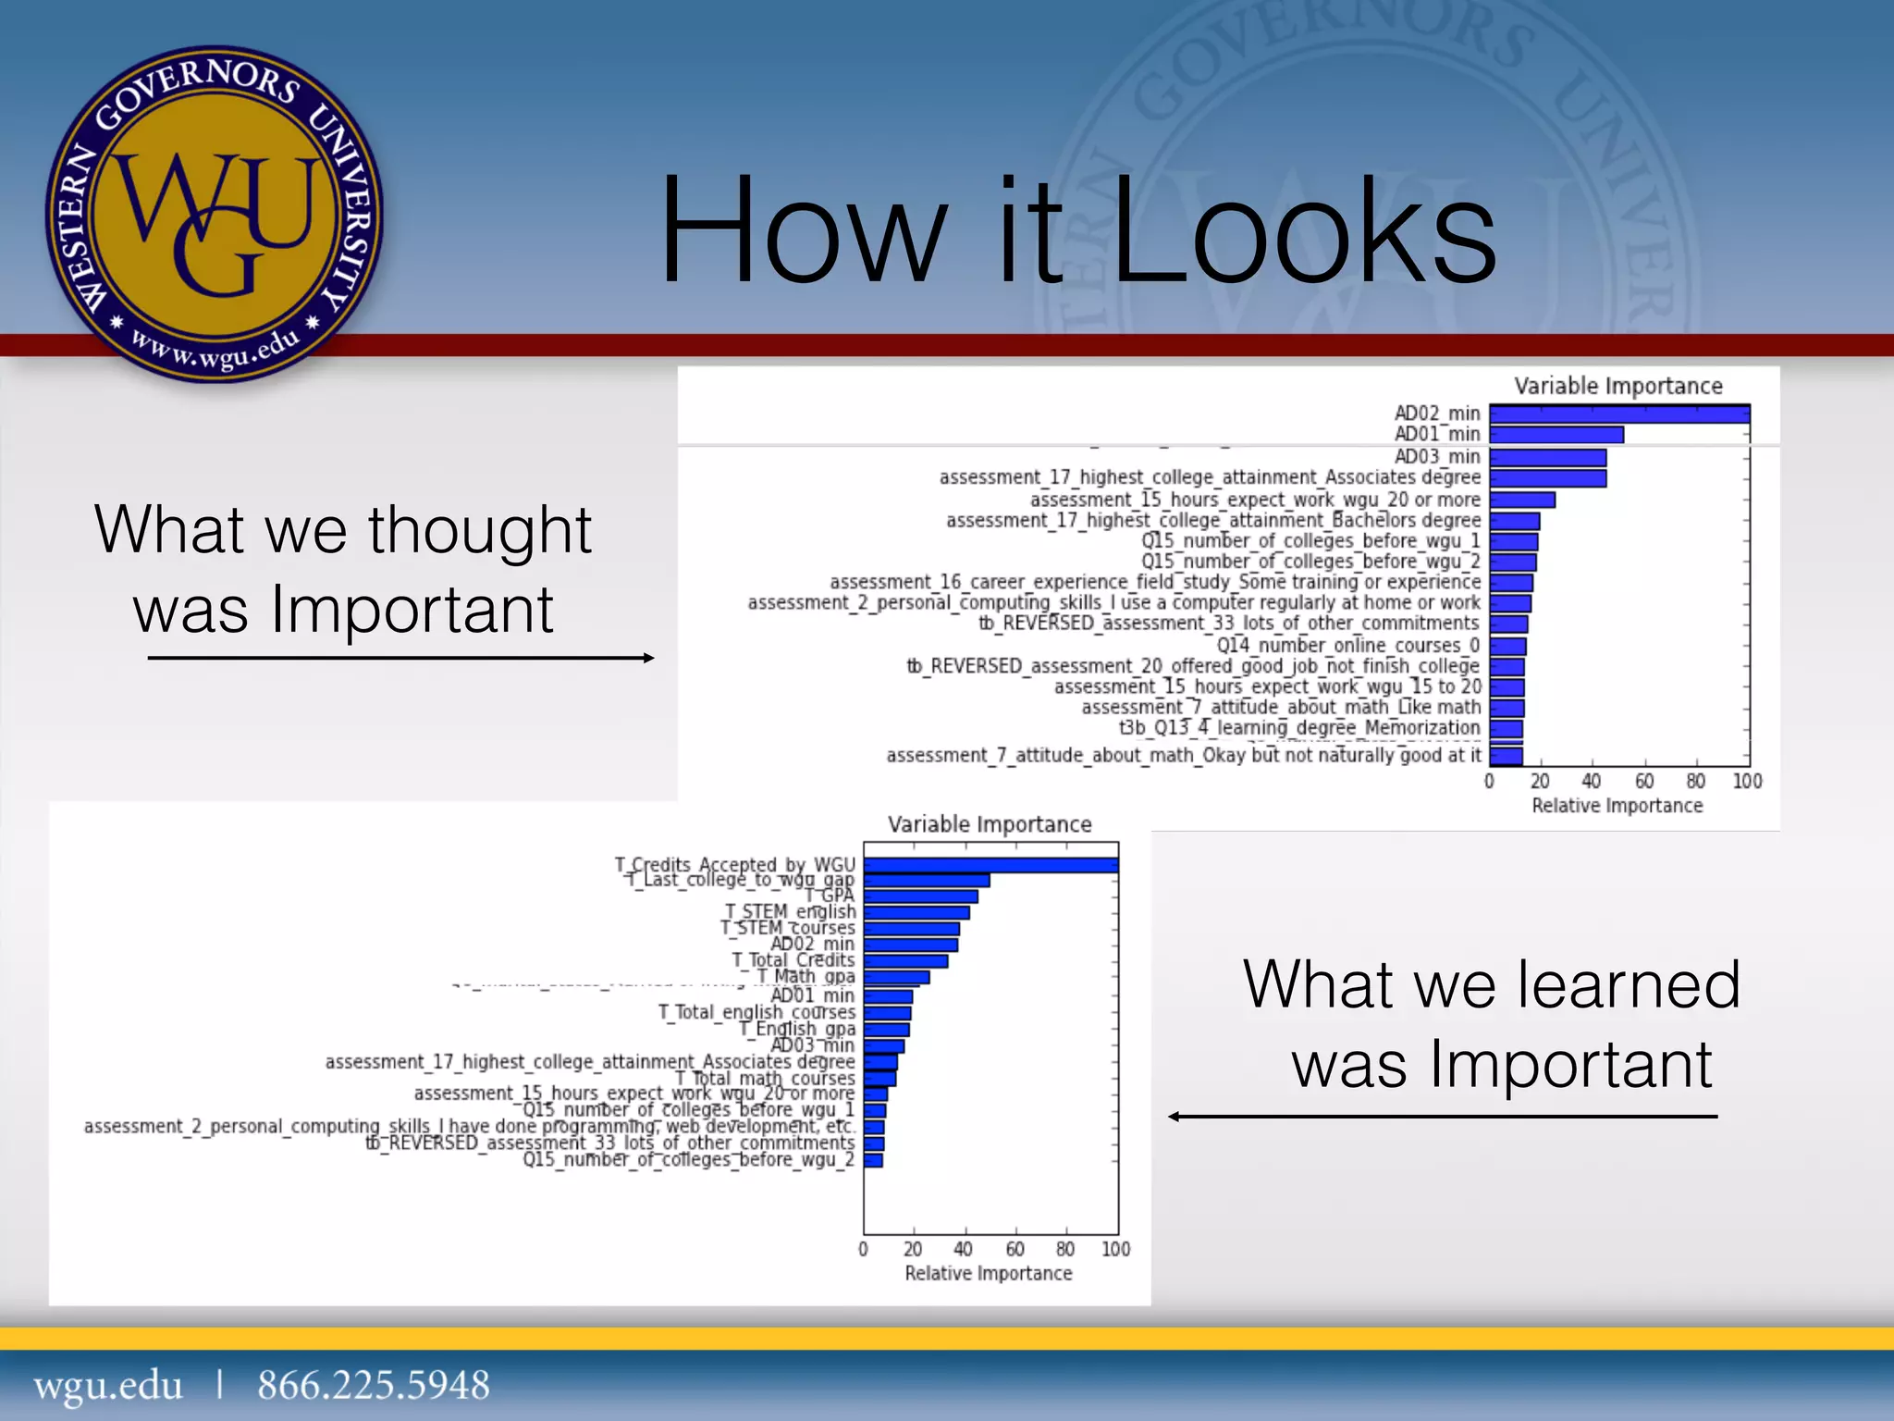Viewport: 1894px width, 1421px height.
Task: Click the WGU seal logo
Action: pos(215,215)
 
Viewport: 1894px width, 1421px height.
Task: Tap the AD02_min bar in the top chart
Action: pos(1618,414)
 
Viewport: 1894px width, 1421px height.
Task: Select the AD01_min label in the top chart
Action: pos(1437,434)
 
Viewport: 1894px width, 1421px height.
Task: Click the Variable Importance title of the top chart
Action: pos(1617,386)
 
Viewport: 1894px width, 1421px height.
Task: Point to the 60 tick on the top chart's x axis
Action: pos(1643,782)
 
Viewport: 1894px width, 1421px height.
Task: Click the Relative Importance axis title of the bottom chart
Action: pos(988,1274)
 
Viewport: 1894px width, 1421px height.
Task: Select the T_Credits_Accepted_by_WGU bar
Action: pos(990,865)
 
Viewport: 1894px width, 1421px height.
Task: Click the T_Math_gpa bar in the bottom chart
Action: pos(896,977)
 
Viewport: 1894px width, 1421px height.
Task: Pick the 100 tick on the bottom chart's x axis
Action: pos(1115,1250)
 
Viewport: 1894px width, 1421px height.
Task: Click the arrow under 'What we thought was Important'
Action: pos(400,658)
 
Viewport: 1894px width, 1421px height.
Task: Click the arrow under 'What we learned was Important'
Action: pos(1442,1117)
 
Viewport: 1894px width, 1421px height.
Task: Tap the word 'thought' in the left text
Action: pos(479,531)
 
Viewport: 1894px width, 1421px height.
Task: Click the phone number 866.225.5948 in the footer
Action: pos(373,1385)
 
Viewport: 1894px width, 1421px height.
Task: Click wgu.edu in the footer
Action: pos(108,1385)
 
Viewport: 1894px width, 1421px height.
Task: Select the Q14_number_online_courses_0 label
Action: pos(1347,645)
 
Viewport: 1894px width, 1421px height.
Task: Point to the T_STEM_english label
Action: pos(790,912)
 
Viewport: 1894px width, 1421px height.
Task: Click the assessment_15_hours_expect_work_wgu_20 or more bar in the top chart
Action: pos(1522,500)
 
